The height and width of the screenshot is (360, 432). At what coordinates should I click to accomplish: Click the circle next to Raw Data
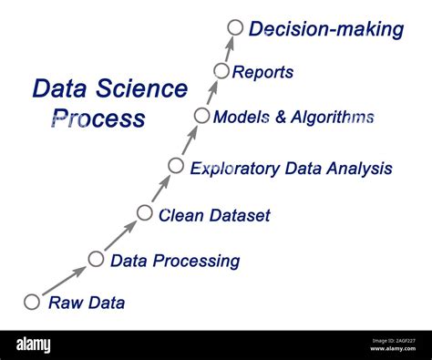tap(32, 302)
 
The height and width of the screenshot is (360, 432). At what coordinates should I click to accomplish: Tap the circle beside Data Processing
tap(96, 259)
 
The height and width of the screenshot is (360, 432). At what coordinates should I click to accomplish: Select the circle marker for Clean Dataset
tap(145, 213)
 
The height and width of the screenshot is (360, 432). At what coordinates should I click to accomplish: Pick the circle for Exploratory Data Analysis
tap(176, 165)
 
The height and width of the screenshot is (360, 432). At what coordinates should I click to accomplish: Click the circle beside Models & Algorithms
tap(201, 115)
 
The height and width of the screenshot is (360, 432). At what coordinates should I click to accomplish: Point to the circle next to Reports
tap(221, 70)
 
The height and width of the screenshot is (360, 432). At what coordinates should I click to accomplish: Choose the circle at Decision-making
tap(235, 27)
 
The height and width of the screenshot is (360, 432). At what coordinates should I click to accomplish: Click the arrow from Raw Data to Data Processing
tap(65, 280)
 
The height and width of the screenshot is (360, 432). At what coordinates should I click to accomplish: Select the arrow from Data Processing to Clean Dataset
tap(121, 235)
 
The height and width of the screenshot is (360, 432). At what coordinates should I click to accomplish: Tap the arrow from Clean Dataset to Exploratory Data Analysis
tap(160, 189)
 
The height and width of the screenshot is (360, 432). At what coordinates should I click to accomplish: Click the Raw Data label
tap(87, 303)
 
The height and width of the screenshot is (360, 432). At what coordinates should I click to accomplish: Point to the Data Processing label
tap(175, 262)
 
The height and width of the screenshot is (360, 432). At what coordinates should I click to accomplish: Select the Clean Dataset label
tap(214, 216)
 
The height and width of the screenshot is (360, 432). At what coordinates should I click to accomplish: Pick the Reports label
tap(263, 72)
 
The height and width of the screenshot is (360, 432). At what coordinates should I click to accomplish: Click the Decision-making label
tap(325, 29)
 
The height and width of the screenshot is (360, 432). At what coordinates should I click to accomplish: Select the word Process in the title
tap(98, 118)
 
